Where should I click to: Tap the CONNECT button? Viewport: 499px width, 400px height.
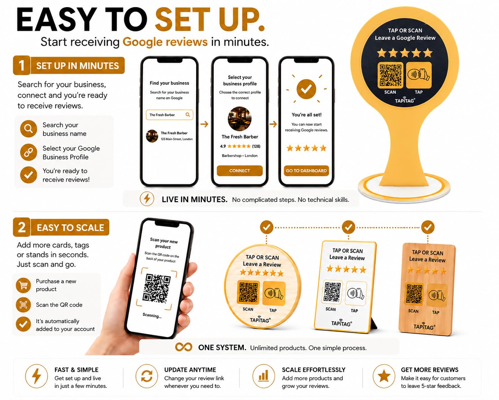[240, 171]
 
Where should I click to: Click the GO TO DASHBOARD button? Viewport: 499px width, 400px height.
[306, 171]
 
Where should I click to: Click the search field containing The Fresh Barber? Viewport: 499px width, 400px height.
[169, 115]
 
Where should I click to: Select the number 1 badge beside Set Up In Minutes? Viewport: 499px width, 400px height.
[22, 65]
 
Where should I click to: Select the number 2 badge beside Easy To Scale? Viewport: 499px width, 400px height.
[22, 227]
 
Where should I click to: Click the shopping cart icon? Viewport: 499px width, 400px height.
[23, 285]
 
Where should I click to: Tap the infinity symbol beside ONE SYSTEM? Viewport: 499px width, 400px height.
[184, 347]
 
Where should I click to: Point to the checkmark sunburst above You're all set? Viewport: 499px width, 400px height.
[306, 89]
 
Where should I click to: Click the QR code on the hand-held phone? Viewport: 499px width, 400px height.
[156, 288]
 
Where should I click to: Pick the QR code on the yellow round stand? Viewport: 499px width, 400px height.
[390, 76]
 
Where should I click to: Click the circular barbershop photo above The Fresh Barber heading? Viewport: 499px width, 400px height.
[240, 119]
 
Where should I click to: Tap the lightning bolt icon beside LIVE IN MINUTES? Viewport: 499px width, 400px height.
[147, 199]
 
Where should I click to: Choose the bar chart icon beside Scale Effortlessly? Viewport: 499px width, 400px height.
[263, 376]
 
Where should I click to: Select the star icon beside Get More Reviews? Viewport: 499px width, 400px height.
[384, 376]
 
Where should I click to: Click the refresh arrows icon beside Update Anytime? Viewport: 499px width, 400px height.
[147, 376]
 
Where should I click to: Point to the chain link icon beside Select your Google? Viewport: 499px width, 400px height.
[28, 152]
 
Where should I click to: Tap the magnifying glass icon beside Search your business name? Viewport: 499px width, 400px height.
[28, 129]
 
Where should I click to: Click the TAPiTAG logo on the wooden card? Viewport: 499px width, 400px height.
[424, 326]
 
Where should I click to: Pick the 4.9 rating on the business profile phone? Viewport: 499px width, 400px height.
[223, 146]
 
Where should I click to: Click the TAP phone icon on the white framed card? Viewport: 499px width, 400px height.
[356, 293]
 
